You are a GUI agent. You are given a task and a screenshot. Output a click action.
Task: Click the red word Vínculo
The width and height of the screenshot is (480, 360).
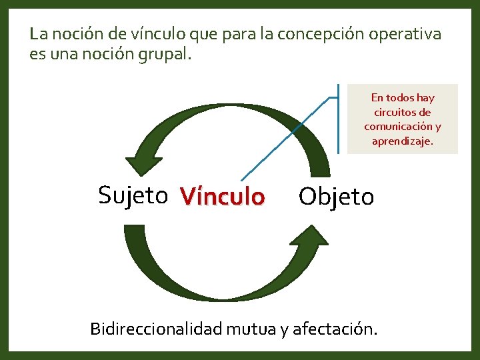(x=222, y=197)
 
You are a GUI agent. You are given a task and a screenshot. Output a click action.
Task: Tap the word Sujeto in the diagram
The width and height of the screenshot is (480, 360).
(x=133, y=195)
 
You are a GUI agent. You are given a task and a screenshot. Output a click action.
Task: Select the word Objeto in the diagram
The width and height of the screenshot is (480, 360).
(x=336, y=197)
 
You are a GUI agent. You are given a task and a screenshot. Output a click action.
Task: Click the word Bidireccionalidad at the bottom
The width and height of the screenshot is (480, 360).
(x=157, y=329)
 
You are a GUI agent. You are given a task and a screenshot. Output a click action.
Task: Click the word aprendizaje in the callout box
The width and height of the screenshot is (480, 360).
(x=403, y=141)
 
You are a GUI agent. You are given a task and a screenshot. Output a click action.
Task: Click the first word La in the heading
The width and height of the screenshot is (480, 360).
(x=38, y=33)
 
